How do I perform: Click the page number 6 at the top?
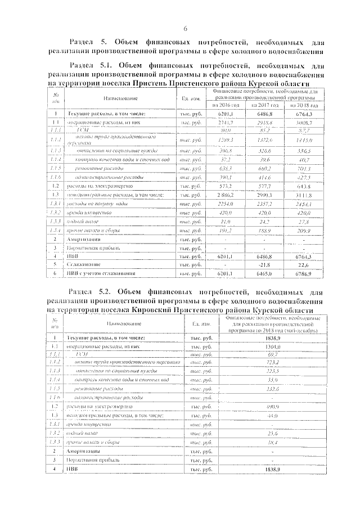[x=184, y=29]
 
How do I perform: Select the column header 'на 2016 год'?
[x=226, y=105]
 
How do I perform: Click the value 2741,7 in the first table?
[x=226, y=121]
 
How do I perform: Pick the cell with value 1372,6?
[x=265, y=139]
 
